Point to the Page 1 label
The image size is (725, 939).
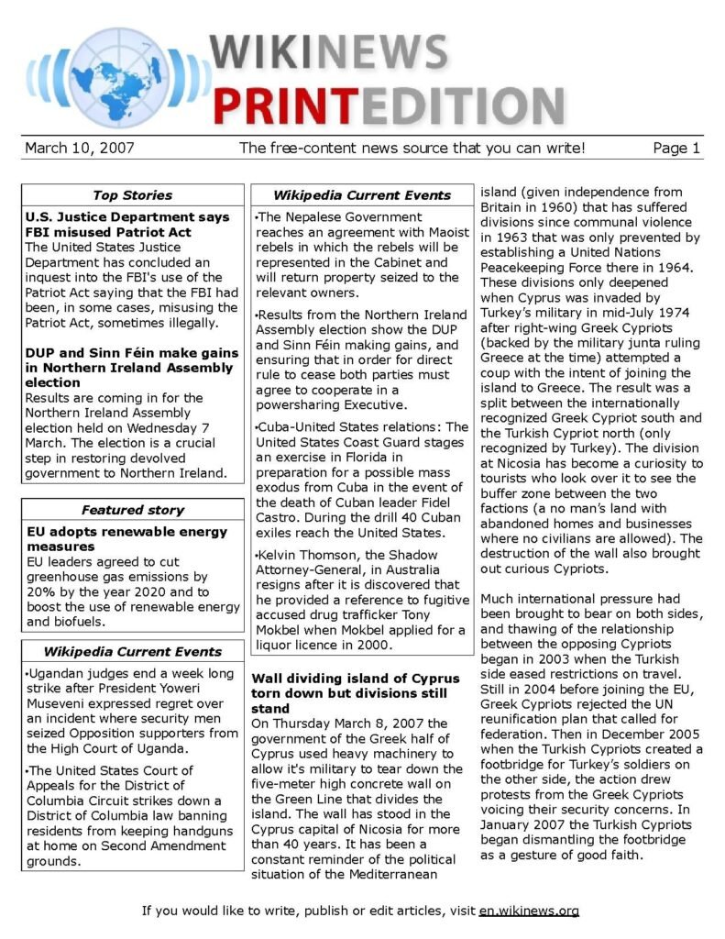(676, 148)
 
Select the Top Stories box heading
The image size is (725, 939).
(132, 194)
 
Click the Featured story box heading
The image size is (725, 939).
(132, 510)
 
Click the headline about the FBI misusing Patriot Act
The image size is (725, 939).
(126, 226)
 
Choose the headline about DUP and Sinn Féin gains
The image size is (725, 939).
(131, 367)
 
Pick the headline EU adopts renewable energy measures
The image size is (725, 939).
(126, 538)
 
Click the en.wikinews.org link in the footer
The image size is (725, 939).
(529, 911)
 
